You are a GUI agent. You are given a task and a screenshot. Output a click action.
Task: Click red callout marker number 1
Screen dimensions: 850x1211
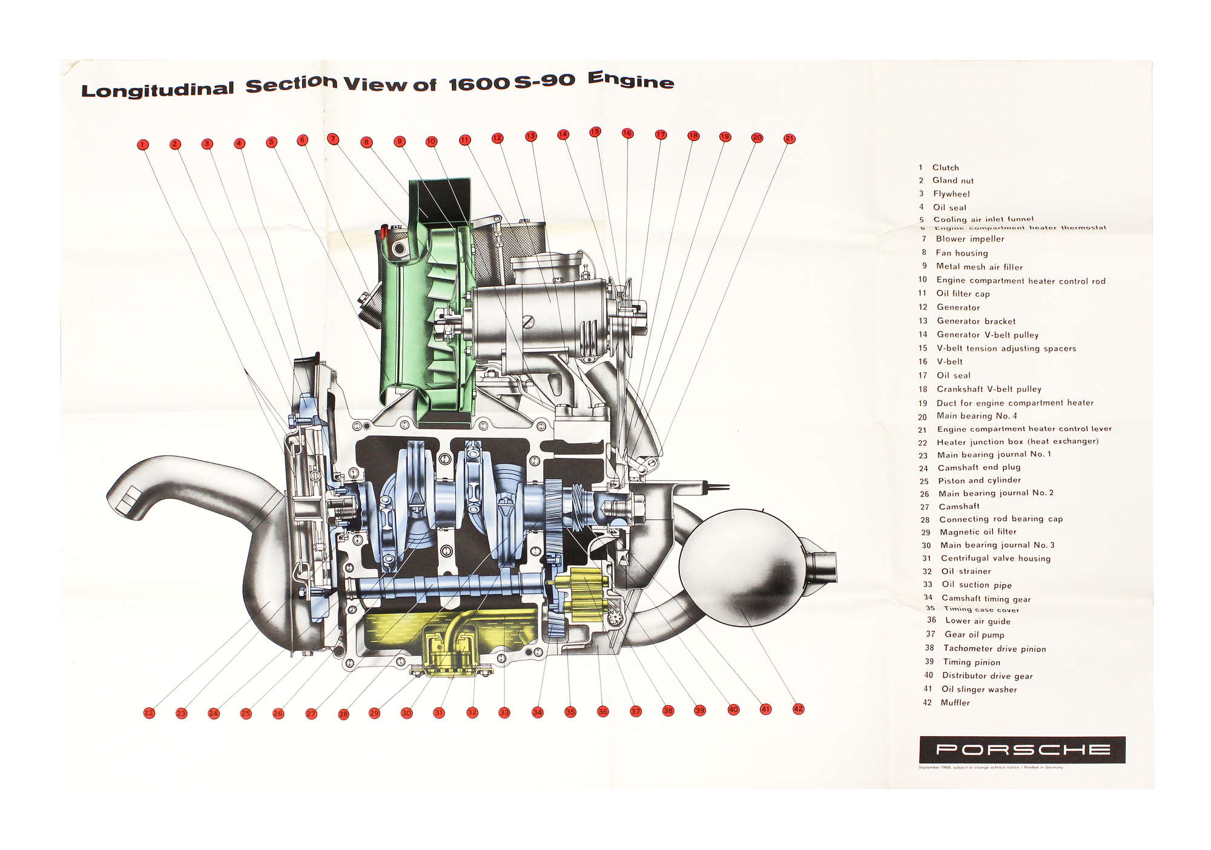click(142, 145)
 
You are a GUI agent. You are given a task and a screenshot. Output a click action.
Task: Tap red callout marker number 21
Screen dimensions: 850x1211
click(789, 139)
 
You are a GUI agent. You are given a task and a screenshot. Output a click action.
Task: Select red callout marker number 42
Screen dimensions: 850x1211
click(798, 709)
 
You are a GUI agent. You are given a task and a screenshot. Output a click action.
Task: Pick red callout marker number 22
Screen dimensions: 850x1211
click(149, 713)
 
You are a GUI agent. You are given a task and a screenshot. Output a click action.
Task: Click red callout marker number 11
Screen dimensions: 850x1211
click(464, 140)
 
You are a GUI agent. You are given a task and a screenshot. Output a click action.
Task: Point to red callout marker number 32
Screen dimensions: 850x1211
click(472, 713)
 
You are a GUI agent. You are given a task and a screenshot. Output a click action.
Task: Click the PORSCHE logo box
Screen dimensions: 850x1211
click(1022, 750)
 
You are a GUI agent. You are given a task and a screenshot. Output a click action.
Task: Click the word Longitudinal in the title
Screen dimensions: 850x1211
click(157, 90)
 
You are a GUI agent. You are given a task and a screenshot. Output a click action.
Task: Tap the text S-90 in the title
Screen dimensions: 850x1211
click(544, 81)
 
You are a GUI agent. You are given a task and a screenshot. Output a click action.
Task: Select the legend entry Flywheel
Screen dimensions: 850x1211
click(951, 194)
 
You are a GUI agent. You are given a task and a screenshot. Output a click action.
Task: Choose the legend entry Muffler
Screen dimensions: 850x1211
click(955, 703)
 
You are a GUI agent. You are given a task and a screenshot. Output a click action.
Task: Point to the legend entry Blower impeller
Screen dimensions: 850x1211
click(970, 239)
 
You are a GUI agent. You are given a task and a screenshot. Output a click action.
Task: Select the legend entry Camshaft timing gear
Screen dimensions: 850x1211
click(986, 599)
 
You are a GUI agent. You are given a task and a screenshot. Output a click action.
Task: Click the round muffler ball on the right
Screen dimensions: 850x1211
click(739, 566)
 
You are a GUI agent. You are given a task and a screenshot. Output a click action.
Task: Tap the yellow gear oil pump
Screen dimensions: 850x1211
click(581, 596)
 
